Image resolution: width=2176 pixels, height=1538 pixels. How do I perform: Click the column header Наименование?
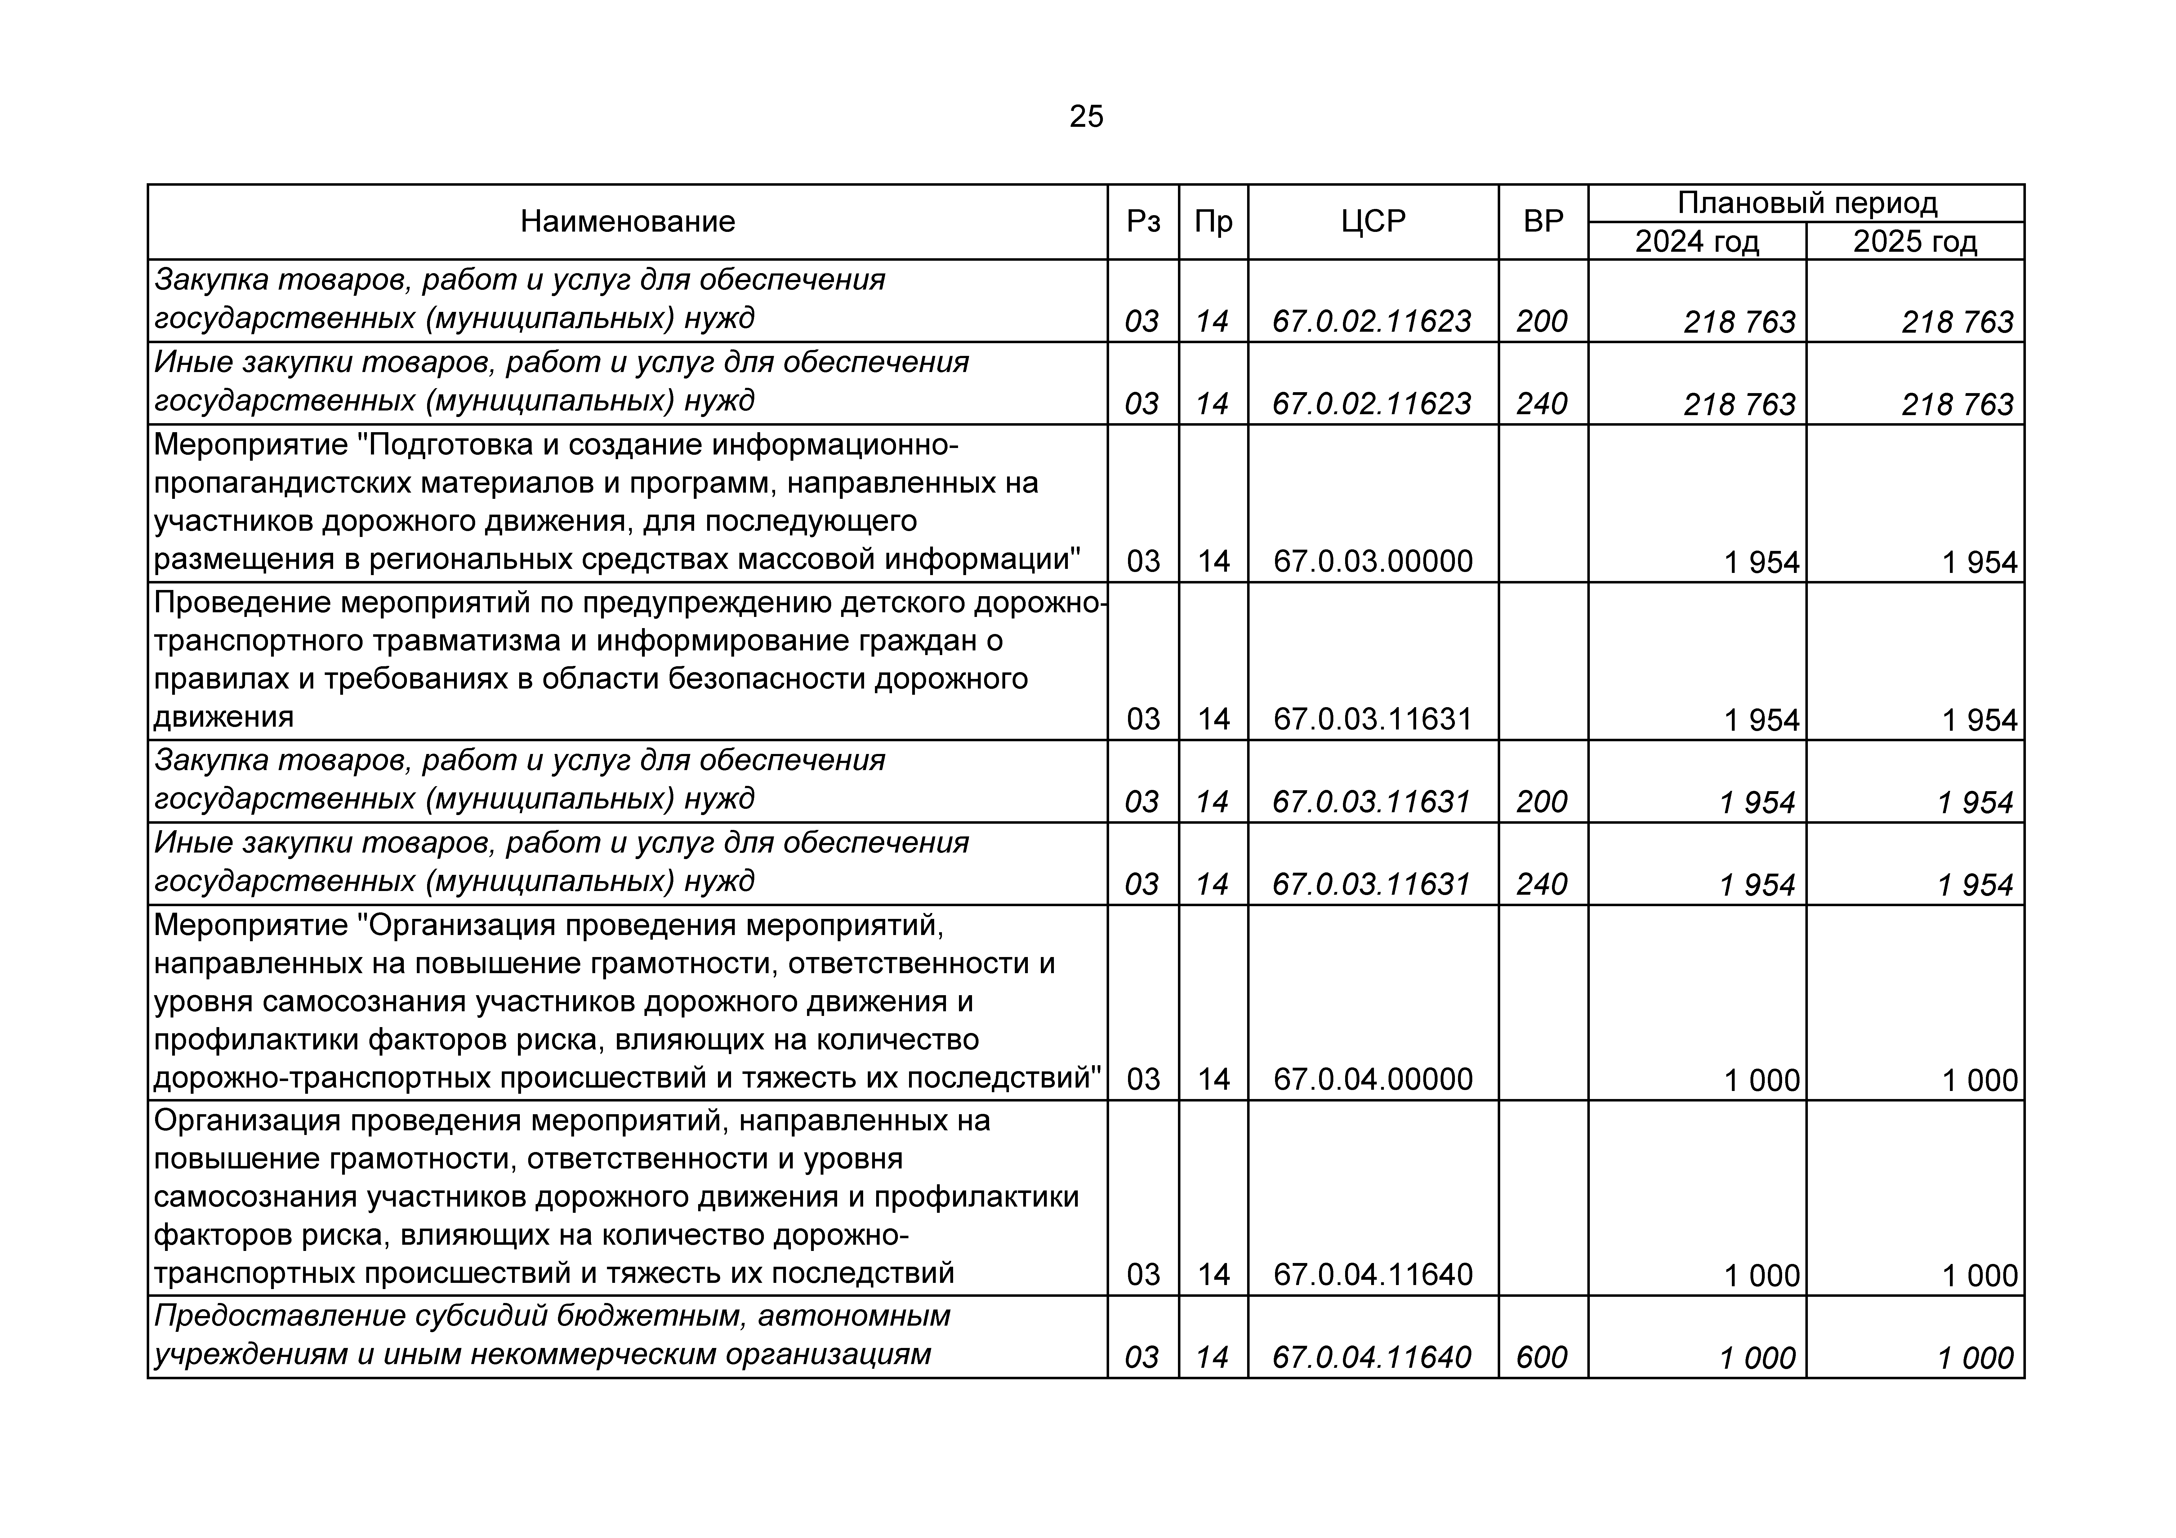point(627,222)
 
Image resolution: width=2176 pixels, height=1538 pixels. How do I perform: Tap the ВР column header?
point(1543,222)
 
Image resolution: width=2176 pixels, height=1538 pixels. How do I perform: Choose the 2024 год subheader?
point(1697,242)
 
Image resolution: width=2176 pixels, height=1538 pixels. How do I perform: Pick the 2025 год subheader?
point(1915,242)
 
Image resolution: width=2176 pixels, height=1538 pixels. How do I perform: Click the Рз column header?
point(1143,222)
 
